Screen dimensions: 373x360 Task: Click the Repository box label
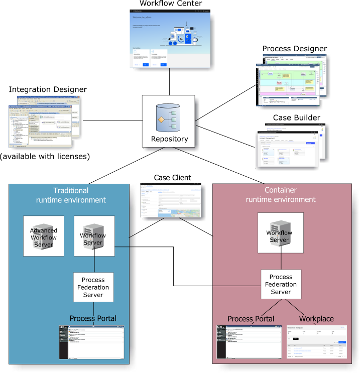click(169, 139)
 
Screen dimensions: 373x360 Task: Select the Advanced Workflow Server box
click(44, 236)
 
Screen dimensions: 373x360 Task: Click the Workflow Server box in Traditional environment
click(94, 236)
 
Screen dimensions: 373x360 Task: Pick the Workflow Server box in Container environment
click(279, 233)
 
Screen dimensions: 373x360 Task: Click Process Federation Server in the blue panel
click(93, 287)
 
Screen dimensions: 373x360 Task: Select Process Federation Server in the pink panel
click(281, 285)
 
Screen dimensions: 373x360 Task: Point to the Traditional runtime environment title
click(71, 195)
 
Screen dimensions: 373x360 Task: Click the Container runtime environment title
click(281, 195)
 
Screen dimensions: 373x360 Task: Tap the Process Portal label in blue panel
click(93, 319)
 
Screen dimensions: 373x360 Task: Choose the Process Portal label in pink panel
click(251, 319)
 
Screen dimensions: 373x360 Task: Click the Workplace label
click(316, 319)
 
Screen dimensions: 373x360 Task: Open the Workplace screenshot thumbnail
click(316, 342)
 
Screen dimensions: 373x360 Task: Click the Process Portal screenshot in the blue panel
click(91, 342)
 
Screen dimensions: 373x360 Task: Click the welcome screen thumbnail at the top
click(171, 41)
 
